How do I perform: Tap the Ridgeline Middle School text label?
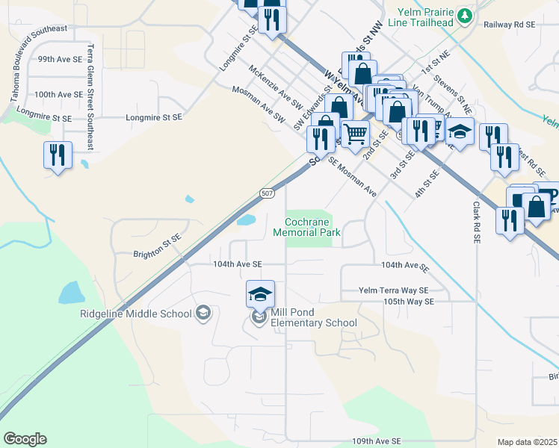(x=135, y=314)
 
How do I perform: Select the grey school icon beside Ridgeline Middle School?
(x=203, y=314)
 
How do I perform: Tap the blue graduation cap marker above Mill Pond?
(x=260, y=294)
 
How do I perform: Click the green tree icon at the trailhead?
(x=465, y=15)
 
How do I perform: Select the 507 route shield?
(x=267, y=193)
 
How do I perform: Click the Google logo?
(x=25, y=439)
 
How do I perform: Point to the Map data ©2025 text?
(x=526, y=442)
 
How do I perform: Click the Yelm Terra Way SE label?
(x=393, y=290)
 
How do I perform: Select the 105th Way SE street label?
(x=408, y=302)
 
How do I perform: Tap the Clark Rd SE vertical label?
(x=475, y=223)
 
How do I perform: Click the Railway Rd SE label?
(x=510, y=25)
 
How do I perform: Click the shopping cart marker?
(x=356, y=133)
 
